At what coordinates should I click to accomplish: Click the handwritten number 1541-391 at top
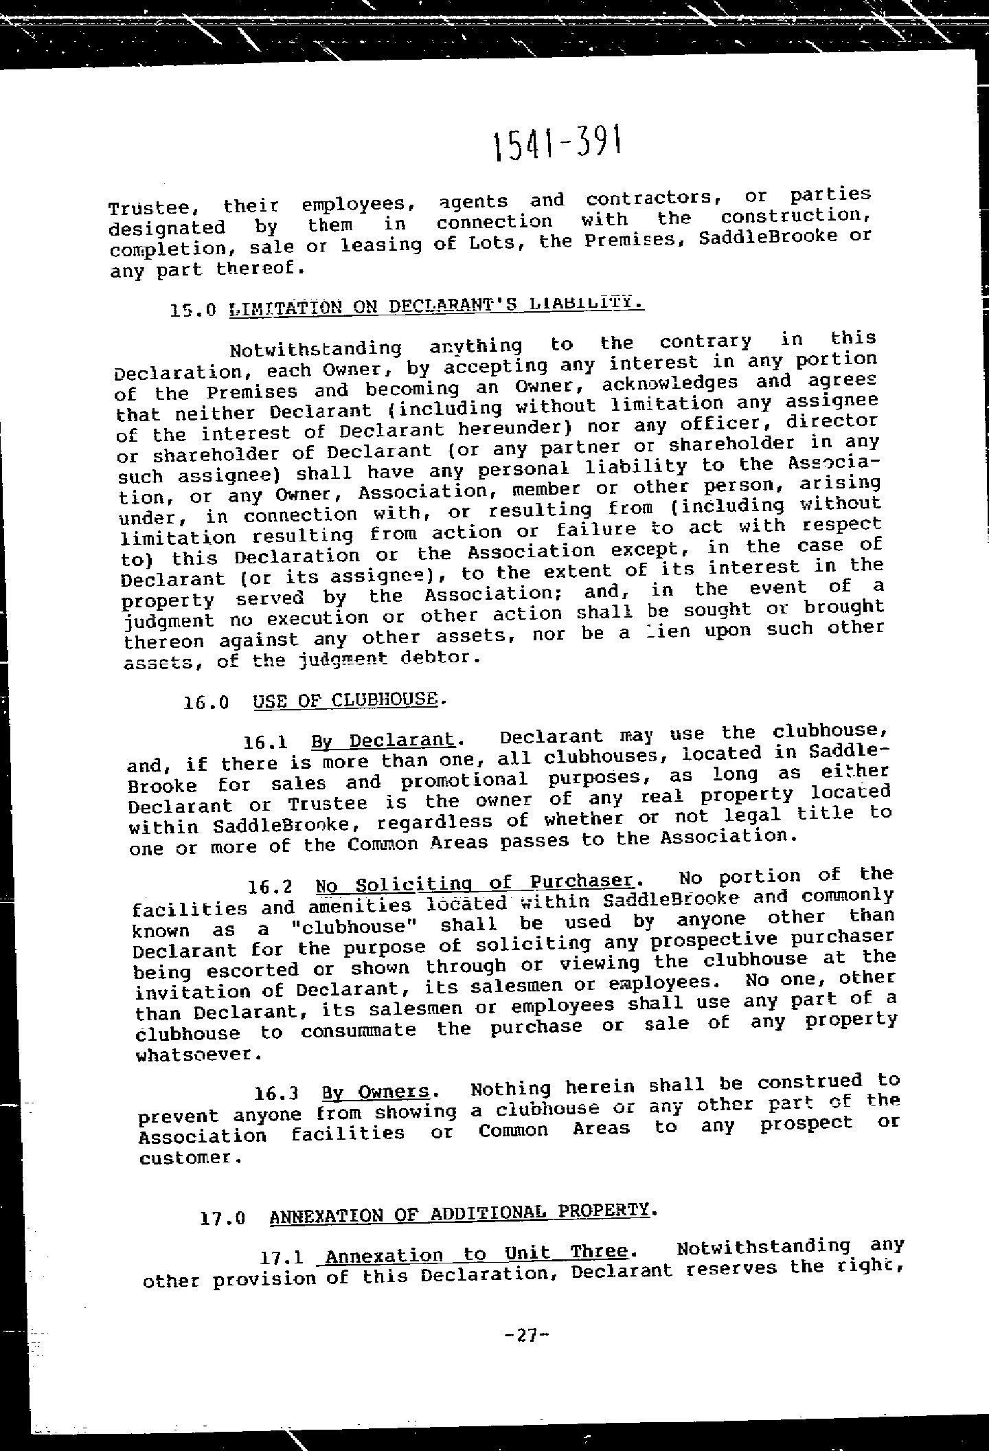(x=558, y=145)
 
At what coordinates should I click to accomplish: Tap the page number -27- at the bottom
(x=527, y=1335)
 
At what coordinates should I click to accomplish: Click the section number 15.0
(x=194, y=310)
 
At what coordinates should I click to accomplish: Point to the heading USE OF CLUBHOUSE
(x=345, y=701)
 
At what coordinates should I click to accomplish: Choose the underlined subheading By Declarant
(x=383, y=741)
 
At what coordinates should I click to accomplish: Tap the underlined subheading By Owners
(x=376, y=1092)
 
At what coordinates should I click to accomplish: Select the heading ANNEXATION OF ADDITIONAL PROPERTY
(x=459, y=1213)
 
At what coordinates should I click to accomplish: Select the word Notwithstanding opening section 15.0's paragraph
(x=316, y=350)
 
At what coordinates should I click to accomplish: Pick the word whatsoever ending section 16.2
(x=199, y=1054)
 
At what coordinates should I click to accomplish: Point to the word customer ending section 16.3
(x=190, y=1158)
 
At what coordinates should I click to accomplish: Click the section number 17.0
(x=222, y=1219)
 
